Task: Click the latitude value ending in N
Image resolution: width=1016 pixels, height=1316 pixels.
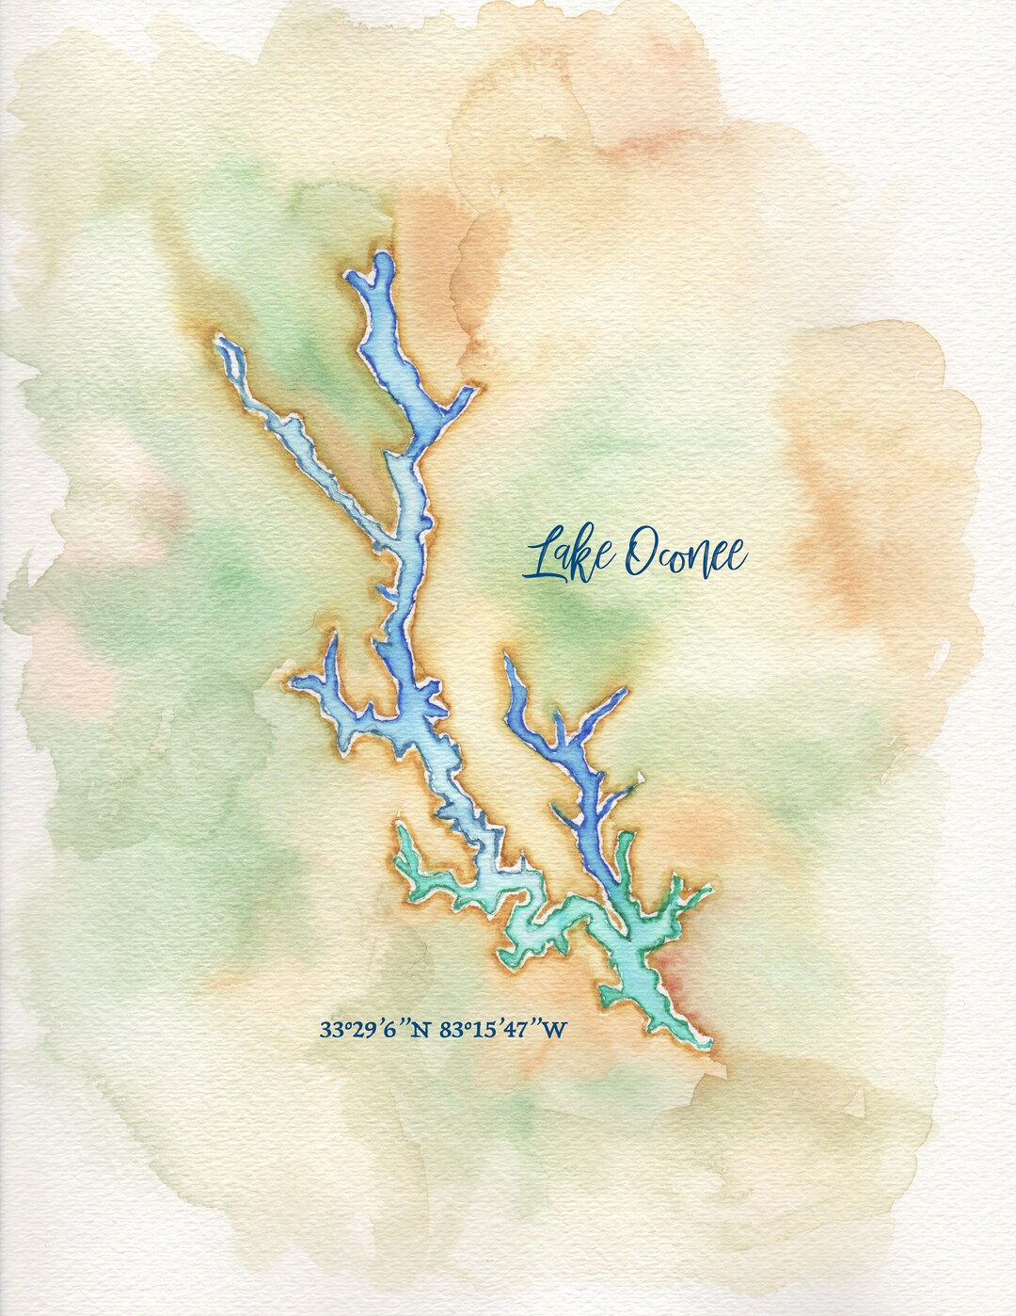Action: pyautogui.click(x=374, y=1029)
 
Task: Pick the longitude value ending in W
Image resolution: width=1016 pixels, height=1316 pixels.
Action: pyautogui.click(x=503, y=1029)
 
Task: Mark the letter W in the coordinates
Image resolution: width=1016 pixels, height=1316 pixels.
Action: pyautogui.click(x=556, y=1030)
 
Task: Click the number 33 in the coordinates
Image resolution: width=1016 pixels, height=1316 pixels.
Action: pyautogui.click(x=330, y=1030)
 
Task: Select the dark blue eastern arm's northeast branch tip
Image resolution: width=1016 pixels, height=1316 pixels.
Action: pyautogui.click(x=621, y=695)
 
